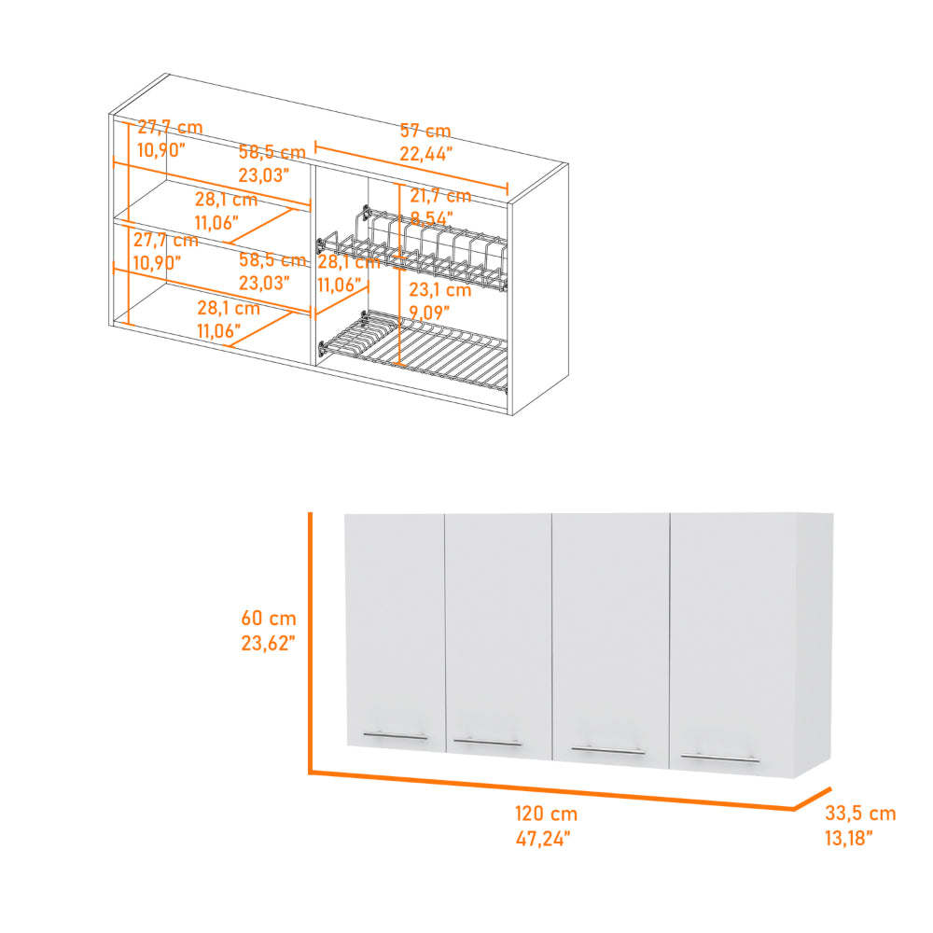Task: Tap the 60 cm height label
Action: (x=269, y=618)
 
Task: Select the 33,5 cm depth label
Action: (x=859, y=814)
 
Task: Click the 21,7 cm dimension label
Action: (x=439, y=196)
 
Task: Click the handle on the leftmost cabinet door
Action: (x=395, y=736)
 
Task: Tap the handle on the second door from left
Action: (x=488, y=743)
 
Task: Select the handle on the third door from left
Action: (x=607, y=748)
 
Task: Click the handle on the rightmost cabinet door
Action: (x=719, y=758)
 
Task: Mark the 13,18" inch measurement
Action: (x=848, y=838)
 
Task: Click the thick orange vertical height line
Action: (x=310, y=644)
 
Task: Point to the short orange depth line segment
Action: (x=811, y=797)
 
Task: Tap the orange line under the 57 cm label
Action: (x=411, y=165)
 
